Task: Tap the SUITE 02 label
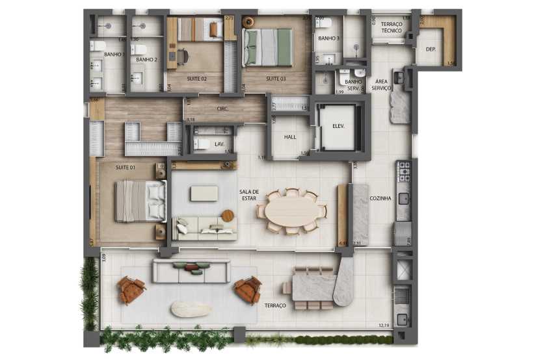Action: pyautogui.click(x=196, y=79)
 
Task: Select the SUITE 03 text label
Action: pyautogui.click(x=276, y=79)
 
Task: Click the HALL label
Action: pyautogui.click(x=290, y=138)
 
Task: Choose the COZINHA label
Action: pyautogui.click(x=380, y=198)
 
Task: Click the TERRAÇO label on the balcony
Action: pyautogui.click(x=275, y=305)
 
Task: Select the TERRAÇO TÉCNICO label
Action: pyautogui.click(x=392, y=27)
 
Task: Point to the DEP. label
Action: pyautogui.click(x=431, y=49)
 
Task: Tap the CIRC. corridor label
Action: pyautogui.click(x=222, y=109)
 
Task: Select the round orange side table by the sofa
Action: pyautogui.click(x=228, y=215)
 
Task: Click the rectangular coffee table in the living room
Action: pyautogui.click(x=204, y=193)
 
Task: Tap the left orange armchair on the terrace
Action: pyautogui.click(x=132, y=290)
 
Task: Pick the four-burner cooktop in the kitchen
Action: pyautogui.click(x=404, y=171)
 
